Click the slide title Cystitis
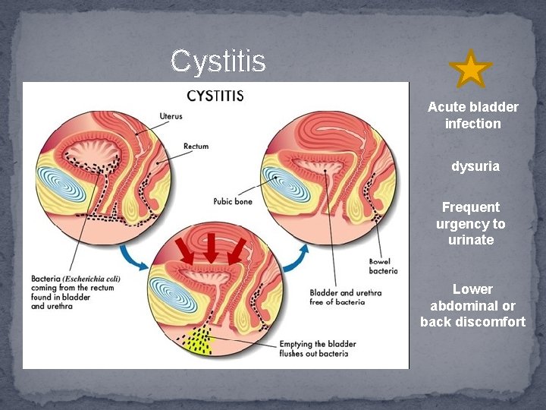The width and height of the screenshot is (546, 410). pos(218,61)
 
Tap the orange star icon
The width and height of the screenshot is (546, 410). pos(470,69)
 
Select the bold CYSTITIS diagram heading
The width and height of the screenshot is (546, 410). pos(215,96)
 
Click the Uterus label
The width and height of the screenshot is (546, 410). pos(171,116)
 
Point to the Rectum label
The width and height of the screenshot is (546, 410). pos(196,146)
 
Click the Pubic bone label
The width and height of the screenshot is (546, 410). pos(233,202)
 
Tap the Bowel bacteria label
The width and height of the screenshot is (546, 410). pos(383,265)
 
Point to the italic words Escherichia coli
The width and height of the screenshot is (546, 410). pos(93,278)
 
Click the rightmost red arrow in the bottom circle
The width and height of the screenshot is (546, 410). pos(237,251)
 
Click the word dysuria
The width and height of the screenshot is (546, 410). pos(475,166)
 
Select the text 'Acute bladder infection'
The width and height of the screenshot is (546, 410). pos(473,115)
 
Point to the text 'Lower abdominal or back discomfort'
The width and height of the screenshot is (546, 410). pos(472,305)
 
